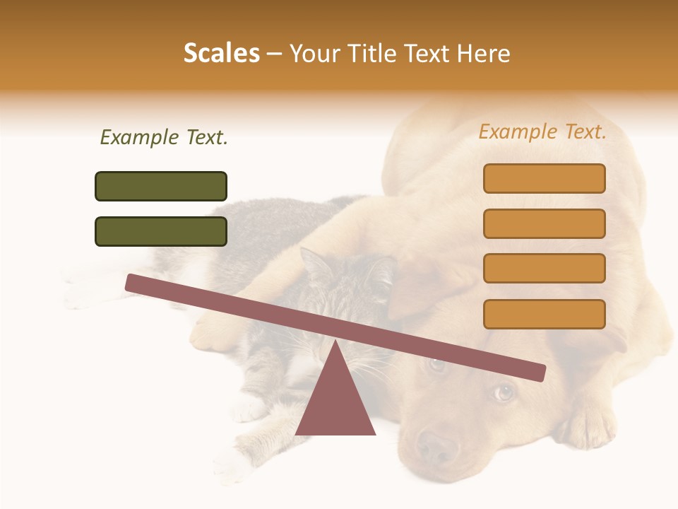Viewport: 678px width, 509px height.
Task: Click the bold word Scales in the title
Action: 221,54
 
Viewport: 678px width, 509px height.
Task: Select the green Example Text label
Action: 164,137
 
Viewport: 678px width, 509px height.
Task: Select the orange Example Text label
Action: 542,131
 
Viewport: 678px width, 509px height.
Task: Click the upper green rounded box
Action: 161,186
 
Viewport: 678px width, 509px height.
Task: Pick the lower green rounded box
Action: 161,231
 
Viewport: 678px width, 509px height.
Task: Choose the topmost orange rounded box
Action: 544,178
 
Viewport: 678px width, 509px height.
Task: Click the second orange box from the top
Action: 544,223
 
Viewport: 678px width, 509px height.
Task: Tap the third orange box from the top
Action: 544,268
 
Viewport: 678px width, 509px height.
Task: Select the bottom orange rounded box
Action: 544,314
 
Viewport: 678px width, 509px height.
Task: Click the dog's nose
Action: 436,446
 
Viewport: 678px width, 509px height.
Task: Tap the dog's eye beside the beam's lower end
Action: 503,392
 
